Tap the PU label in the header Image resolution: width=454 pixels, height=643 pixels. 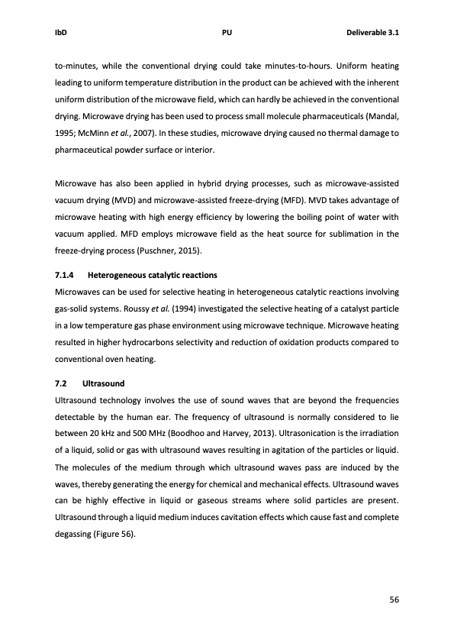(227, 34)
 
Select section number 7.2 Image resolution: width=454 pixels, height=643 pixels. (62, 382)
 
